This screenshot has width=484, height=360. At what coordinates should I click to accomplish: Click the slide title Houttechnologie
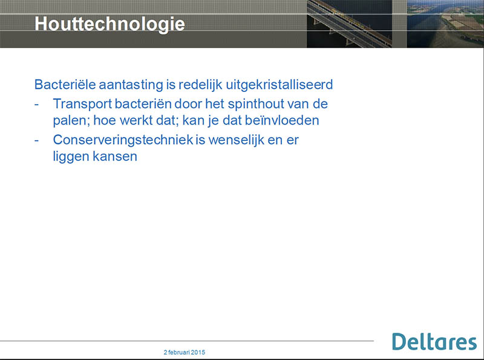(x=110, y=24)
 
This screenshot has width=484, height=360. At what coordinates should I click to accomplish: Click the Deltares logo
(x=434, y=342)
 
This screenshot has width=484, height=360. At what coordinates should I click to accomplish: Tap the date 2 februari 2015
(x=185, y=352)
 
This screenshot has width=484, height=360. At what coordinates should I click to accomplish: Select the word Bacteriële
(x=65, y=85)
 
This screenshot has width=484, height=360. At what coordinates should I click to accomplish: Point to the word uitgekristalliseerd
(x=280, y=85)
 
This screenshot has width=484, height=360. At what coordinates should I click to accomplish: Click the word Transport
(x=82, y=104)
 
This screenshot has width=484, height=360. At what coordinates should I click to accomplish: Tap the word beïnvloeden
(x=282, y=120)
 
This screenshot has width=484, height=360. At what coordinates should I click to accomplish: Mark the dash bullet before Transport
(x=37, y=105)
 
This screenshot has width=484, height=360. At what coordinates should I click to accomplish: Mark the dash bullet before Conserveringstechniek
(x=37, y=140)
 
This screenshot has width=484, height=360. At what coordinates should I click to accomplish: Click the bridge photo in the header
(x=350, y=24)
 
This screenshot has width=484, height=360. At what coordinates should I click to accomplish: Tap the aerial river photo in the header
(x=445, y=24)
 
